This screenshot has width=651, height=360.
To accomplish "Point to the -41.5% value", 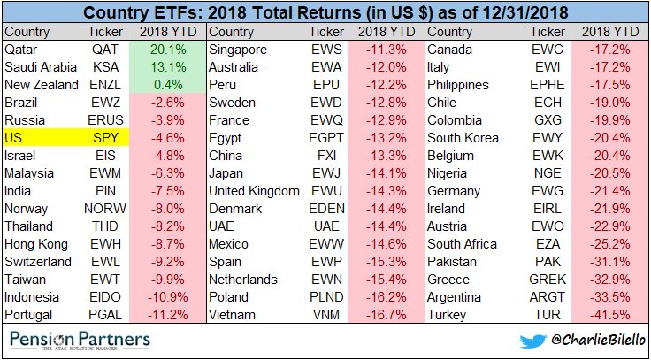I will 610,315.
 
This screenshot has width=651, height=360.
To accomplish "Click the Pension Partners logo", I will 80,340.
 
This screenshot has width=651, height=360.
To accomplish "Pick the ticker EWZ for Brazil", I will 103,103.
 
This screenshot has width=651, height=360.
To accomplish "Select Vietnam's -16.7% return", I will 387,315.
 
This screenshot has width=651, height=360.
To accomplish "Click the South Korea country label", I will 463,138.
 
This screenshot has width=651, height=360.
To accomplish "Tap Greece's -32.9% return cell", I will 610,280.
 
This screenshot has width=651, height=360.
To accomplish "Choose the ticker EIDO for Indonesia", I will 103,297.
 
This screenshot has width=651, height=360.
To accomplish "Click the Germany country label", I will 455,191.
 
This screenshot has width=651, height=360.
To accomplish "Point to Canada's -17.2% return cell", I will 610,50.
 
